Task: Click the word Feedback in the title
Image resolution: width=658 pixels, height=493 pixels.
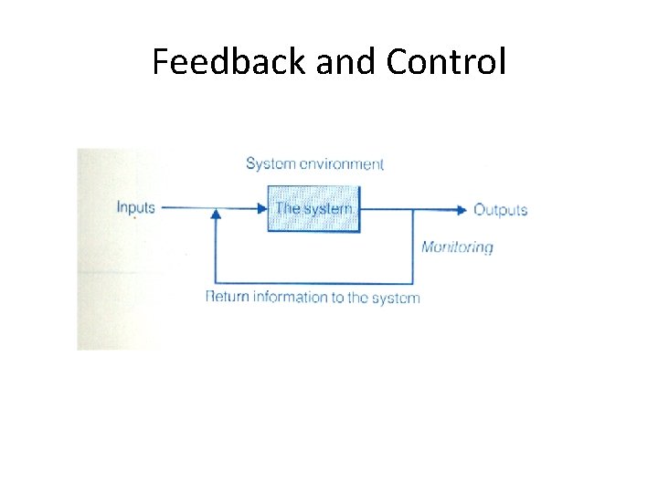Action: point(229,62)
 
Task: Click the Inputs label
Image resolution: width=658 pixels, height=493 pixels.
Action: point(136,207)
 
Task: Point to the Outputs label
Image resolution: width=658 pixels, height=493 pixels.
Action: point(500,209)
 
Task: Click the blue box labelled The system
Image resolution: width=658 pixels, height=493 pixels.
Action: point(313,209)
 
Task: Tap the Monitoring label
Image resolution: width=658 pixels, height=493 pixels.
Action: point(456,246)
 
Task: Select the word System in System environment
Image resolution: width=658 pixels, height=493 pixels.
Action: point(271,164)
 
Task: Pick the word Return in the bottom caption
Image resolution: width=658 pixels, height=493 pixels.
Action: point(228,297)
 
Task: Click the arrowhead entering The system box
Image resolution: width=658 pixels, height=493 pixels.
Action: point(262,209)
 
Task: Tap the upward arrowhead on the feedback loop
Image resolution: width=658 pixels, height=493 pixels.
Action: point(216,215)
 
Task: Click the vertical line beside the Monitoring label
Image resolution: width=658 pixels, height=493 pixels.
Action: point(413,246)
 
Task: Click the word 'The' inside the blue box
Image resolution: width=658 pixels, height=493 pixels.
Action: point(288,208)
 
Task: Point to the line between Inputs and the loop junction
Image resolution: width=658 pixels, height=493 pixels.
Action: point(186,208)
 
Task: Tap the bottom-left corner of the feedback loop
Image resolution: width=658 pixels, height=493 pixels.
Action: point(216,282)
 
